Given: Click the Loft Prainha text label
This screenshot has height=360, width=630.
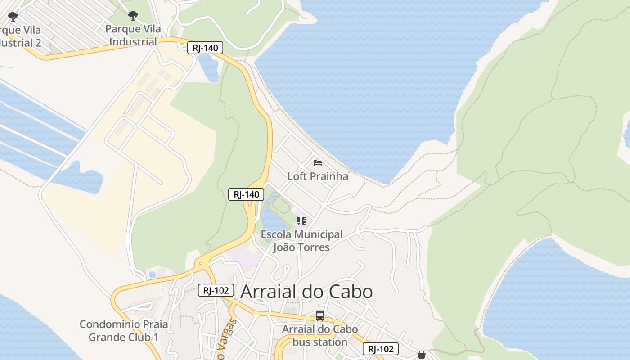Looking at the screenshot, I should tap(318, 176).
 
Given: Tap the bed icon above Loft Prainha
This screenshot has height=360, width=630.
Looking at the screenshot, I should tap(318, 162).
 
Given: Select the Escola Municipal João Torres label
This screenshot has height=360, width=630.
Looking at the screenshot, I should tap(301, 241).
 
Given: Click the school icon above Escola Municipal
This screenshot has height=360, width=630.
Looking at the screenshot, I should tap(301, 221).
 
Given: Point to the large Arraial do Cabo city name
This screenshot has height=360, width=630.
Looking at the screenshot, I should tap(306, 292).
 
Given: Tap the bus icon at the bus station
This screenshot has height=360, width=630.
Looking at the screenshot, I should tap(320, 316).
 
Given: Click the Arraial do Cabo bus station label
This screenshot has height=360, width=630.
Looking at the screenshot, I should tap(320, 335).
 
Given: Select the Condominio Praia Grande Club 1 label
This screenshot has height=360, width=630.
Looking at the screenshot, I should tap(124, 330).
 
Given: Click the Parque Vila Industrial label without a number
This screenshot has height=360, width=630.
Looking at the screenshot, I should tap(133, 36).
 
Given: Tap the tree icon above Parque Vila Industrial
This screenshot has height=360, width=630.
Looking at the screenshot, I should tap(133, 16).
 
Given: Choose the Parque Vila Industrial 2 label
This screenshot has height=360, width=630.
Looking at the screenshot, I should tap(20, 36).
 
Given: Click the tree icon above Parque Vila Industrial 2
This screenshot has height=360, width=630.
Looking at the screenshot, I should tap(13, 17).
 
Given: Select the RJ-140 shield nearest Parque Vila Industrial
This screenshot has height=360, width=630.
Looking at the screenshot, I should tap(205, 48).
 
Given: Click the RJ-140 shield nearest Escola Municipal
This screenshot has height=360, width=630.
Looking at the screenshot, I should tap(246, 194).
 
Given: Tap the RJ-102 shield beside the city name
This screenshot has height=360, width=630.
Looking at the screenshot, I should tap(216, 290).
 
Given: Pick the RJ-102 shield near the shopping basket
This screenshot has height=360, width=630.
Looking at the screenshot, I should tap(381, 349).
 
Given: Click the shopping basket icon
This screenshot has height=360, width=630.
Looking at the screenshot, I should tap(422, 355).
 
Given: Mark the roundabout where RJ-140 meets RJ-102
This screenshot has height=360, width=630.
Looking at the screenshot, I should tap(200, 264).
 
